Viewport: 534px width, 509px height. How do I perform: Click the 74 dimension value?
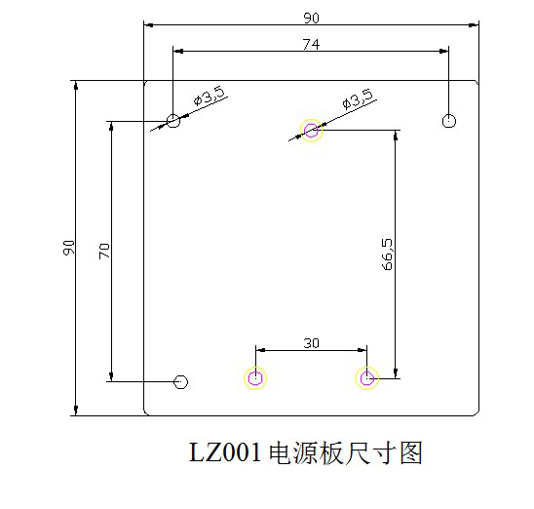[x=311, y=44]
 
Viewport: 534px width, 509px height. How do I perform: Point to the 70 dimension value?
[x=104, y=252]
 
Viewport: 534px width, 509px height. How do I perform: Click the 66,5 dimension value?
[x=387, y=254]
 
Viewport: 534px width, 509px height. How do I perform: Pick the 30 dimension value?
[x=311, y=343]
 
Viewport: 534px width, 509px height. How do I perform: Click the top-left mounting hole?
[x=173, y=121]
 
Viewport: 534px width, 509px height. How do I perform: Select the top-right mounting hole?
[x=449, y=121]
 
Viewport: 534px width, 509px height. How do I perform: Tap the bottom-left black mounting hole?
[x=180, y=382]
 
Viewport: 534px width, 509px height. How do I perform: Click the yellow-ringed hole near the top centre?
[x=311, y=130]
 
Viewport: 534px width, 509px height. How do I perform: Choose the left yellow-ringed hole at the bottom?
[x=255, y=378]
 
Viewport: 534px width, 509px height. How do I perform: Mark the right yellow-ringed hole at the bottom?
[x=366, y=378]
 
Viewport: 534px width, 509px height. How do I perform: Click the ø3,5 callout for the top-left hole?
[x=210, y=96]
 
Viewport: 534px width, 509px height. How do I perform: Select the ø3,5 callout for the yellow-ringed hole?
[x=359, y=98]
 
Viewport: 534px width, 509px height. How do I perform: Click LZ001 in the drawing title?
[x=225, y=452]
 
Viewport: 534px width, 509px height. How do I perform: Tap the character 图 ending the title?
[x=411, y=452]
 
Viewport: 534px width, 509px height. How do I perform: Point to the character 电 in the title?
[x=281, y=452]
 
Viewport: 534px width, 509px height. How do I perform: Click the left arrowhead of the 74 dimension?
[x=177, y=51]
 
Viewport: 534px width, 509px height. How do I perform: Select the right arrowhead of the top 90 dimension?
[x=474, y=25]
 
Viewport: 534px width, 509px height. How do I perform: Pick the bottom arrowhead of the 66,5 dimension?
[x=396, y=373]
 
